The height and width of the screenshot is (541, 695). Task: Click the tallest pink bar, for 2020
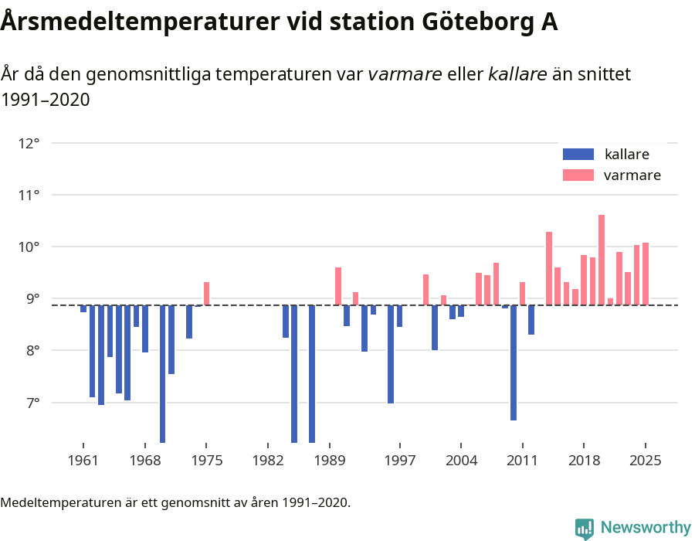(x=602, y=260)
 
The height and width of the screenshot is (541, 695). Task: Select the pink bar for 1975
(x=206, y=294)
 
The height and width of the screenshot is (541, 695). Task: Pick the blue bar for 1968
(x=145, y=328)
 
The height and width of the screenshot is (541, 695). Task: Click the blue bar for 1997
(x=399, y=316)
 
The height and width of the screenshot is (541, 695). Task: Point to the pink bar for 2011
(x=523, y=294)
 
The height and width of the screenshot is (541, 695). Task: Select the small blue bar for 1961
(x=83, y=308)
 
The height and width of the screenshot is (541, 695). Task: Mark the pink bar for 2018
(x=584, y=280)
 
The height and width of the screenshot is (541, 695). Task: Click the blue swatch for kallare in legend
(x=578, y=154)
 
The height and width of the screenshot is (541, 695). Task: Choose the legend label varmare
(x=632, y=175)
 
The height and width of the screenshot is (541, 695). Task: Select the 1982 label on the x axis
(x=267, y=461)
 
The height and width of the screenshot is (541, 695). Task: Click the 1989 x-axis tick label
(x=330, y=461)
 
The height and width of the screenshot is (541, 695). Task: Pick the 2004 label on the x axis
(x=461, y=461)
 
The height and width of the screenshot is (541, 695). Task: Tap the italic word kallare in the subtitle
(x=517, y=74)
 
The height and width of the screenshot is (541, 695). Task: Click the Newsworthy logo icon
(x=585, y=528)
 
